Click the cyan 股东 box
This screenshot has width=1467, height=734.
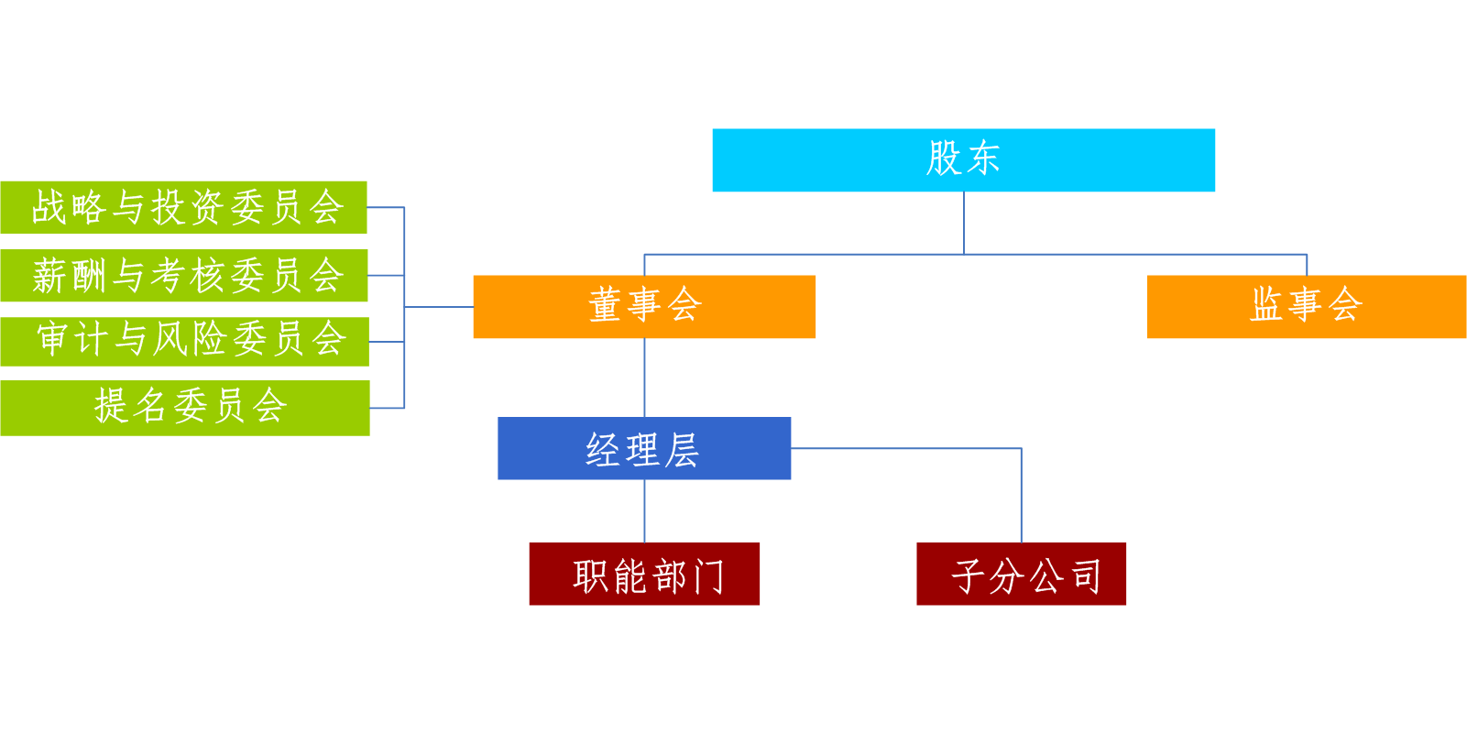(963, 159)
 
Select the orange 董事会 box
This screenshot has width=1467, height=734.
(644, 306)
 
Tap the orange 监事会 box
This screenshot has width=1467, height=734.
(1307, 306)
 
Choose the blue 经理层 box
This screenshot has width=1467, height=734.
(644, 448)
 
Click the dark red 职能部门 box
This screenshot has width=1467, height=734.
(644, 574)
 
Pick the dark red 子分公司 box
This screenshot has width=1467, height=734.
(1021, 574)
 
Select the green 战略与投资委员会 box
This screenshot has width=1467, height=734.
(183, 207)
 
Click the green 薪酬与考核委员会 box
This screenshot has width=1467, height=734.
(184, 275)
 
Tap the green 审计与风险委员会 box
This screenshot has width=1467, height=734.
(185, 342)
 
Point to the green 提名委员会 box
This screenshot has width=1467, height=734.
(185, 408)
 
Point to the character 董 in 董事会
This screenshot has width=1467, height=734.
(605, 305)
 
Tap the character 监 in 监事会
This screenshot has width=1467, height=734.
(1266, 304)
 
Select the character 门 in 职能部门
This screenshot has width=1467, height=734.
(706, 577)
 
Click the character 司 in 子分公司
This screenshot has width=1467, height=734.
(1087, 577)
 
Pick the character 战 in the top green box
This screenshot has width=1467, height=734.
(49, 208)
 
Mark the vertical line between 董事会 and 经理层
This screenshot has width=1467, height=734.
(644, 378)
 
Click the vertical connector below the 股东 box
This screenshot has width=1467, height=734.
(963, 224)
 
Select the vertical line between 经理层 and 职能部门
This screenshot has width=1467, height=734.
(644, 511)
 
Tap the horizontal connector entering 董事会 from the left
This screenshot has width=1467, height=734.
(439, 306)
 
